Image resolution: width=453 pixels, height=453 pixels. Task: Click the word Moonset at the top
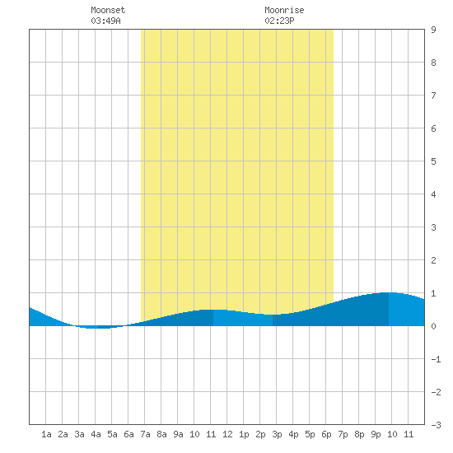coord(108,10)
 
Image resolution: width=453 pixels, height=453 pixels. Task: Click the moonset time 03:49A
coord(105,21)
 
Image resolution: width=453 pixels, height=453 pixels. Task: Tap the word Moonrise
coord(284,10)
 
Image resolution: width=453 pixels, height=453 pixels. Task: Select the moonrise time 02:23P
coord(279,21)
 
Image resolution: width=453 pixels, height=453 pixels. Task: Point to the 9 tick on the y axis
coord(433,30)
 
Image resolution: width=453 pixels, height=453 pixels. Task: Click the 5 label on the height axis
coord(433,161)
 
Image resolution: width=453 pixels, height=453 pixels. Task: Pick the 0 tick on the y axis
coord(433,326)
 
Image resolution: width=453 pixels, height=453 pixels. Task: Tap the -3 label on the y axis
coord(436,425)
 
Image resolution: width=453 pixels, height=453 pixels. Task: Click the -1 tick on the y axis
coord(436,359)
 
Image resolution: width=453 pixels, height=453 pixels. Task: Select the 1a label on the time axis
coord(46,434)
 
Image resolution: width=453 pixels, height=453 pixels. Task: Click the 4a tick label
coord(96,434)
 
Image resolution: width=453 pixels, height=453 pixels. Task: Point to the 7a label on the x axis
coord(145,434)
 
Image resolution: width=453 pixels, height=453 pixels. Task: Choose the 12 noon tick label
coord(227,434)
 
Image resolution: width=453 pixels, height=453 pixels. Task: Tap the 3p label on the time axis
coord(277,434)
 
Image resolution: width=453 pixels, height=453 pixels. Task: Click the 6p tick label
coord(326,434)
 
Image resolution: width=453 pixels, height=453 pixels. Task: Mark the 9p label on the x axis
coord(376,434)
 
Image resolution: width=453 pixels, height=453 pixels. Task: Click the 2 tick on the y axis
coord(433,260)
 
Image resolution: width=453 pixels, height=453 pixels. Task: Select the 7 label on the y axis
coord(433,96)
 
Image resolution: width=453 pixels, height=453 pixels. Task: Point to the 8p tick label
coord(359,434)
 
